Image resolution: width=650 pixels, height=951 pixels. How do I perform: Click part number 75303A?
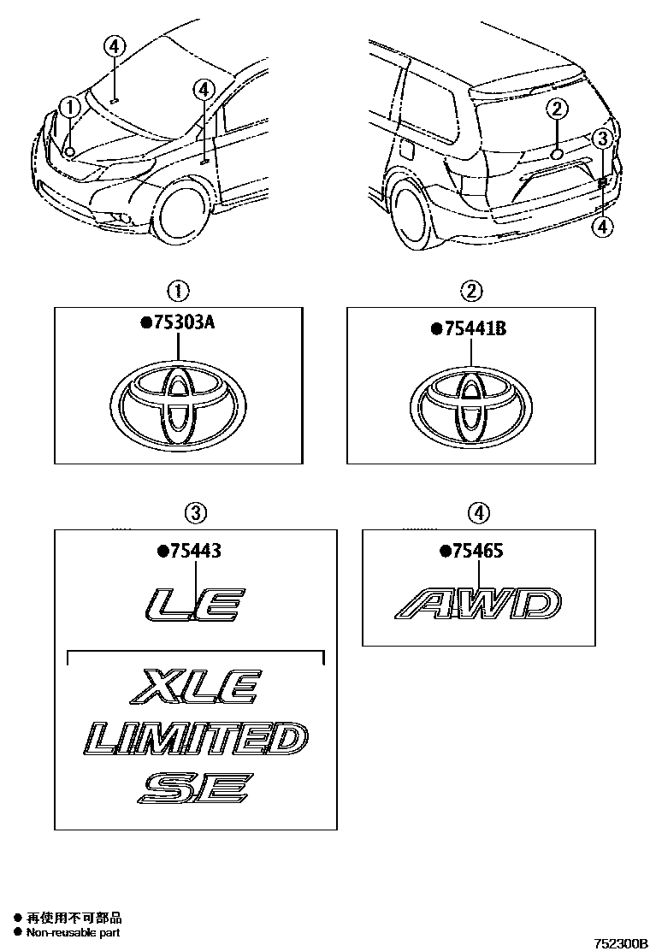(x=184, y=322)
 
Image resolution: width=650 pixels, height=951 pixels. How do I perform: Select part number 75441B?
(x=474, y=328)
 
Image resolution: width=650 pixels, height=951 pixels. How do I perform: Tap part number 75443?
(x=195, y=551)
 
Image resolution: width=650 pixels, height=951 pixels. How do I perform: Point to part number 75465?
(x=477, y=551)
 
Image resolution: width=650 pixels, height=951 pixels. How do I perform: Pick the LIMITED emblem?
(x=195, y=739)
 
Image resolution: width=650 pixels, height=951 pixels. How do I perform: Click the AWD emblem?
(x=478, y=604)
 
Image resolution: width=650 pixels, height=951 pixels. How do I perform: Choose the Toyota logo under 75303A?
(x=178, y=405)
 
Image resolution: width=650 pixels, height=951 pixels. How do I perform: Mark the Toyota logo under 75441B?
(x=471, y=405)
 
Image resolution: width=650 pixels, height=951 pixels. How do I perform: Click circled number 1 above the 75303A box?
(x=178, y=292)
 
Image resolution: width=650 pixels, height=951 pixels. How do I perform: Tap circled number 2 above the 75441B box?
(x=472, y=292)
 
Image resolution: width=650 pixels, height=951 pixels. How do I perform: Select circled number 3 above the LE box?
(x=195, y=514)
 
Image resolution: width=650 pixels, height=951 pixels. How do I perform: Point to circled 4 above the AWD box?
(x=479, y=514)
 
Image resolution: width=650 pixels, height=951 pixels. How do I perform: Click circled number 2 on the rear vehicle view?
(x=558, y=109)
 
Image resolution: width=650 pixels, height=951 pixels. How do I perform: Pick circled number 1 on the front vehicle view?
(x=70, y=108)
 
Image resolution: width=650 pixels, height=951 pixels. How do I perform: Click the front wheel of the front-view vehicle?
(x=180, y=215)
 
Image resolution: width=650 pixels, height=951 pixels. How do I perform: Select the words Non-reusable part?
(x=73, y=932)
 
